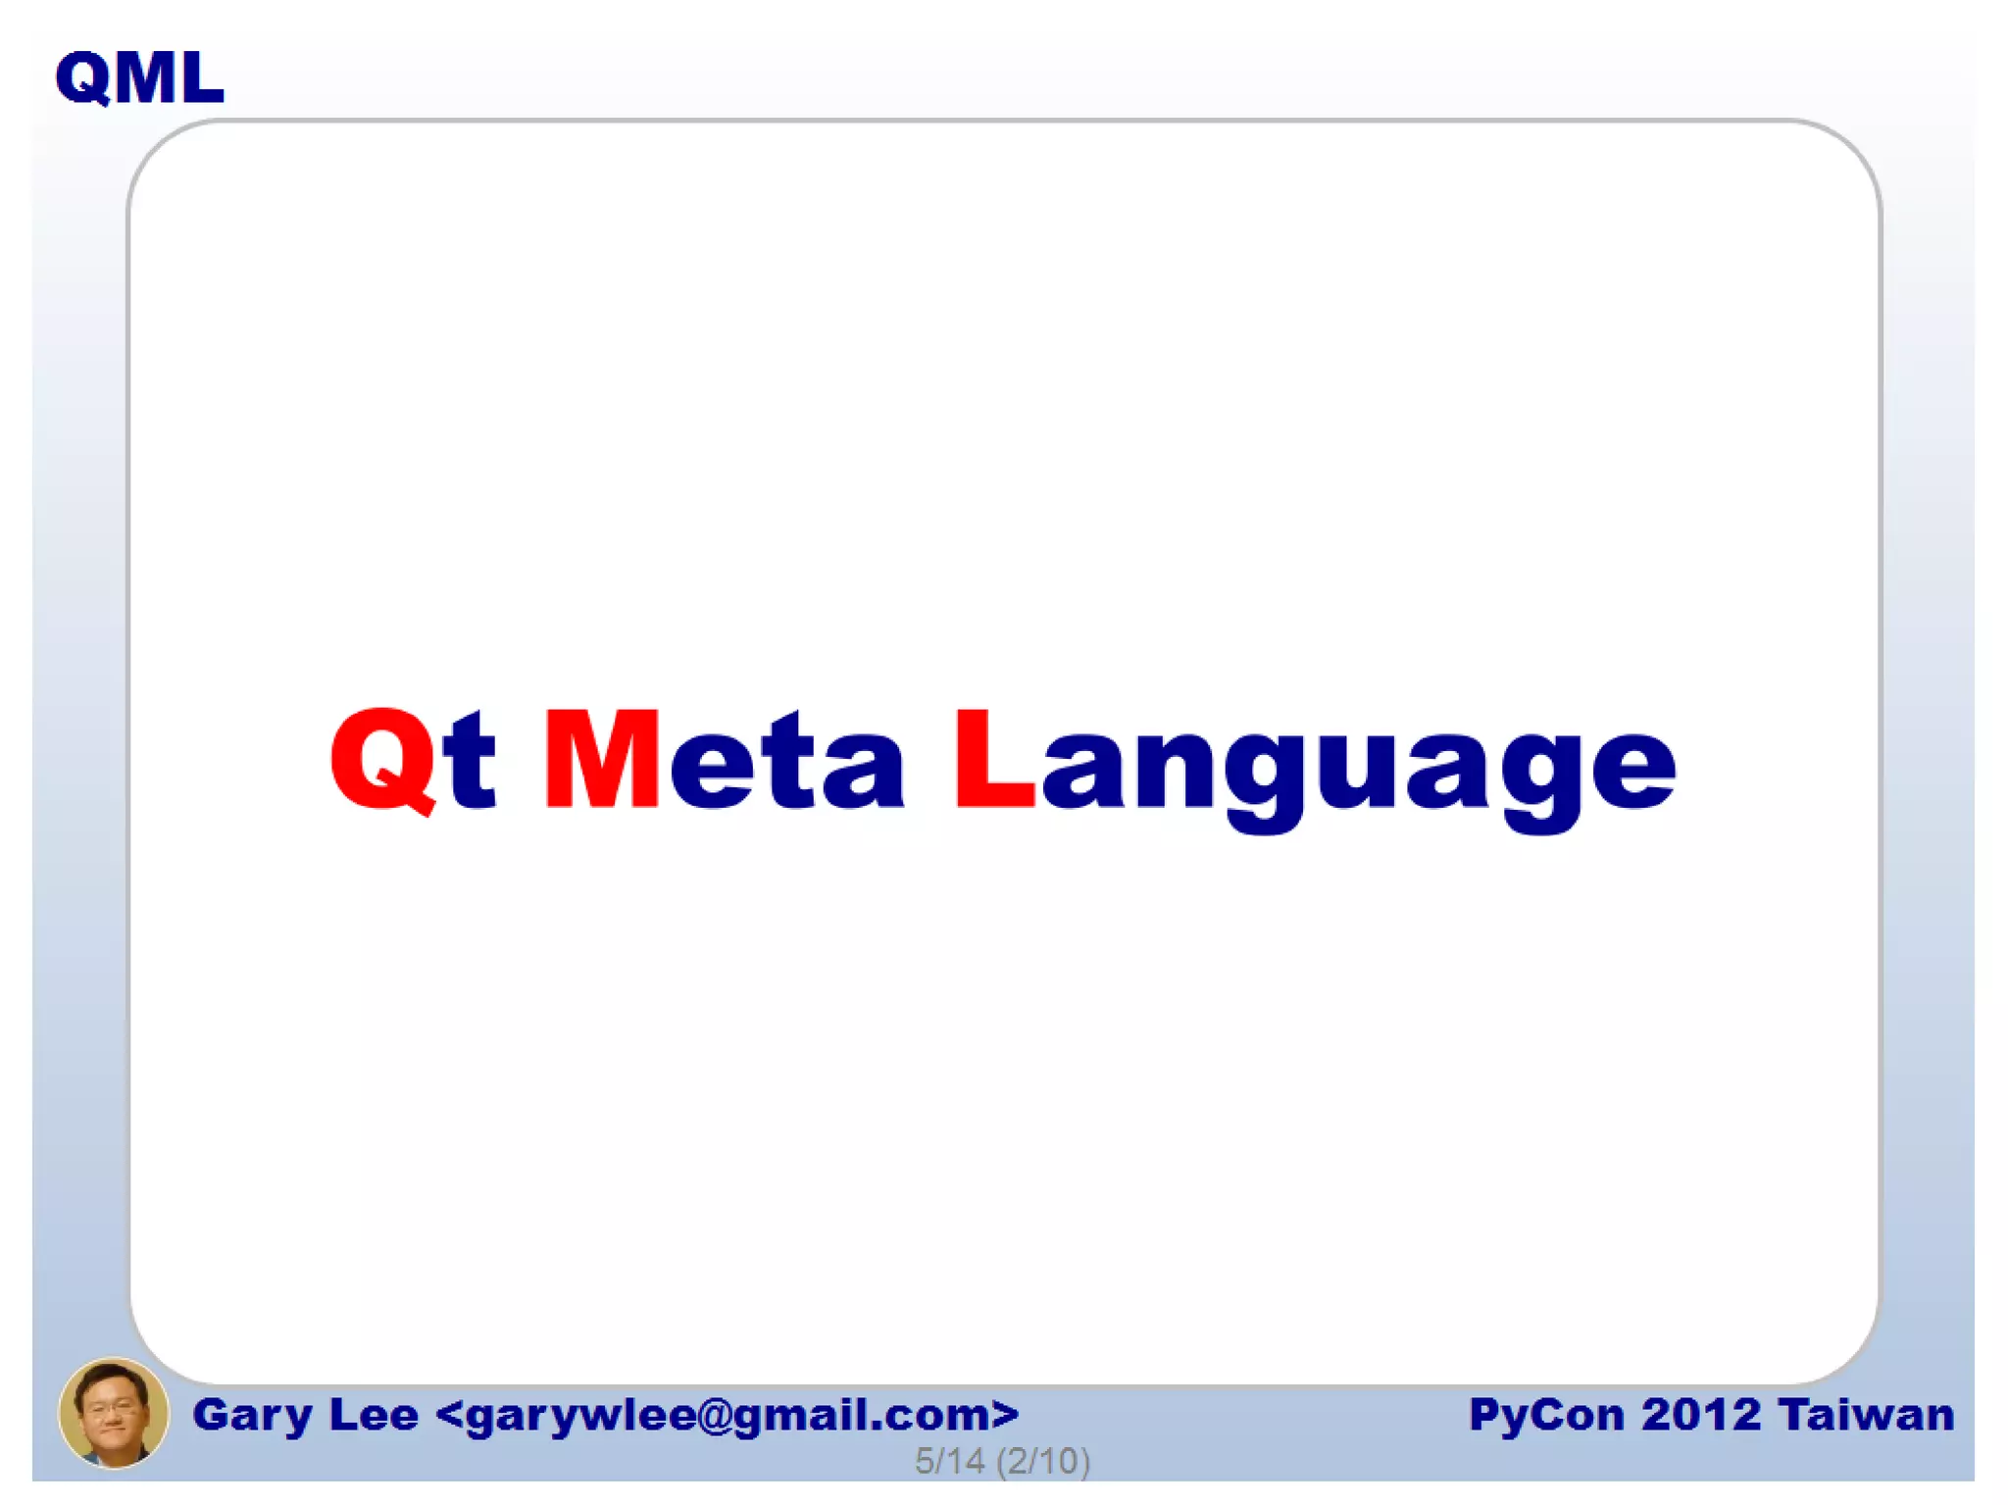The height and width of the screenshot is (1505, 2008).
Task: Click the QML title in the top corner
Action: (139, 77)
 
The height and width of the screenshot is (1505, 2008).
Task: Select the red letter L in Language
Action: (992, 759)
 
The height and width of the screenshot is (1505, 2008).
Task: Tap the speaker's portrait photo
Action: (113, 1412)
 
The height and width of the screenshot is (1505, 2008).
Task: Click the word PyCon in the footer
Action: (1546, 1415)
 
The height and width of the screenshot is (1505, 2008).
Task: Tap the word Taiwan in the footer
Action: (1866, 1415)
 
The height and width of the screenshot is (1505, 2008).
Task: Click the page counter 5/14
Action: (949, 1461)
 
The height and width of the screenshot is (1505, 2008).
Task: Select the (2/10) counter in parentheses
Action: (1043, 1461)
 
